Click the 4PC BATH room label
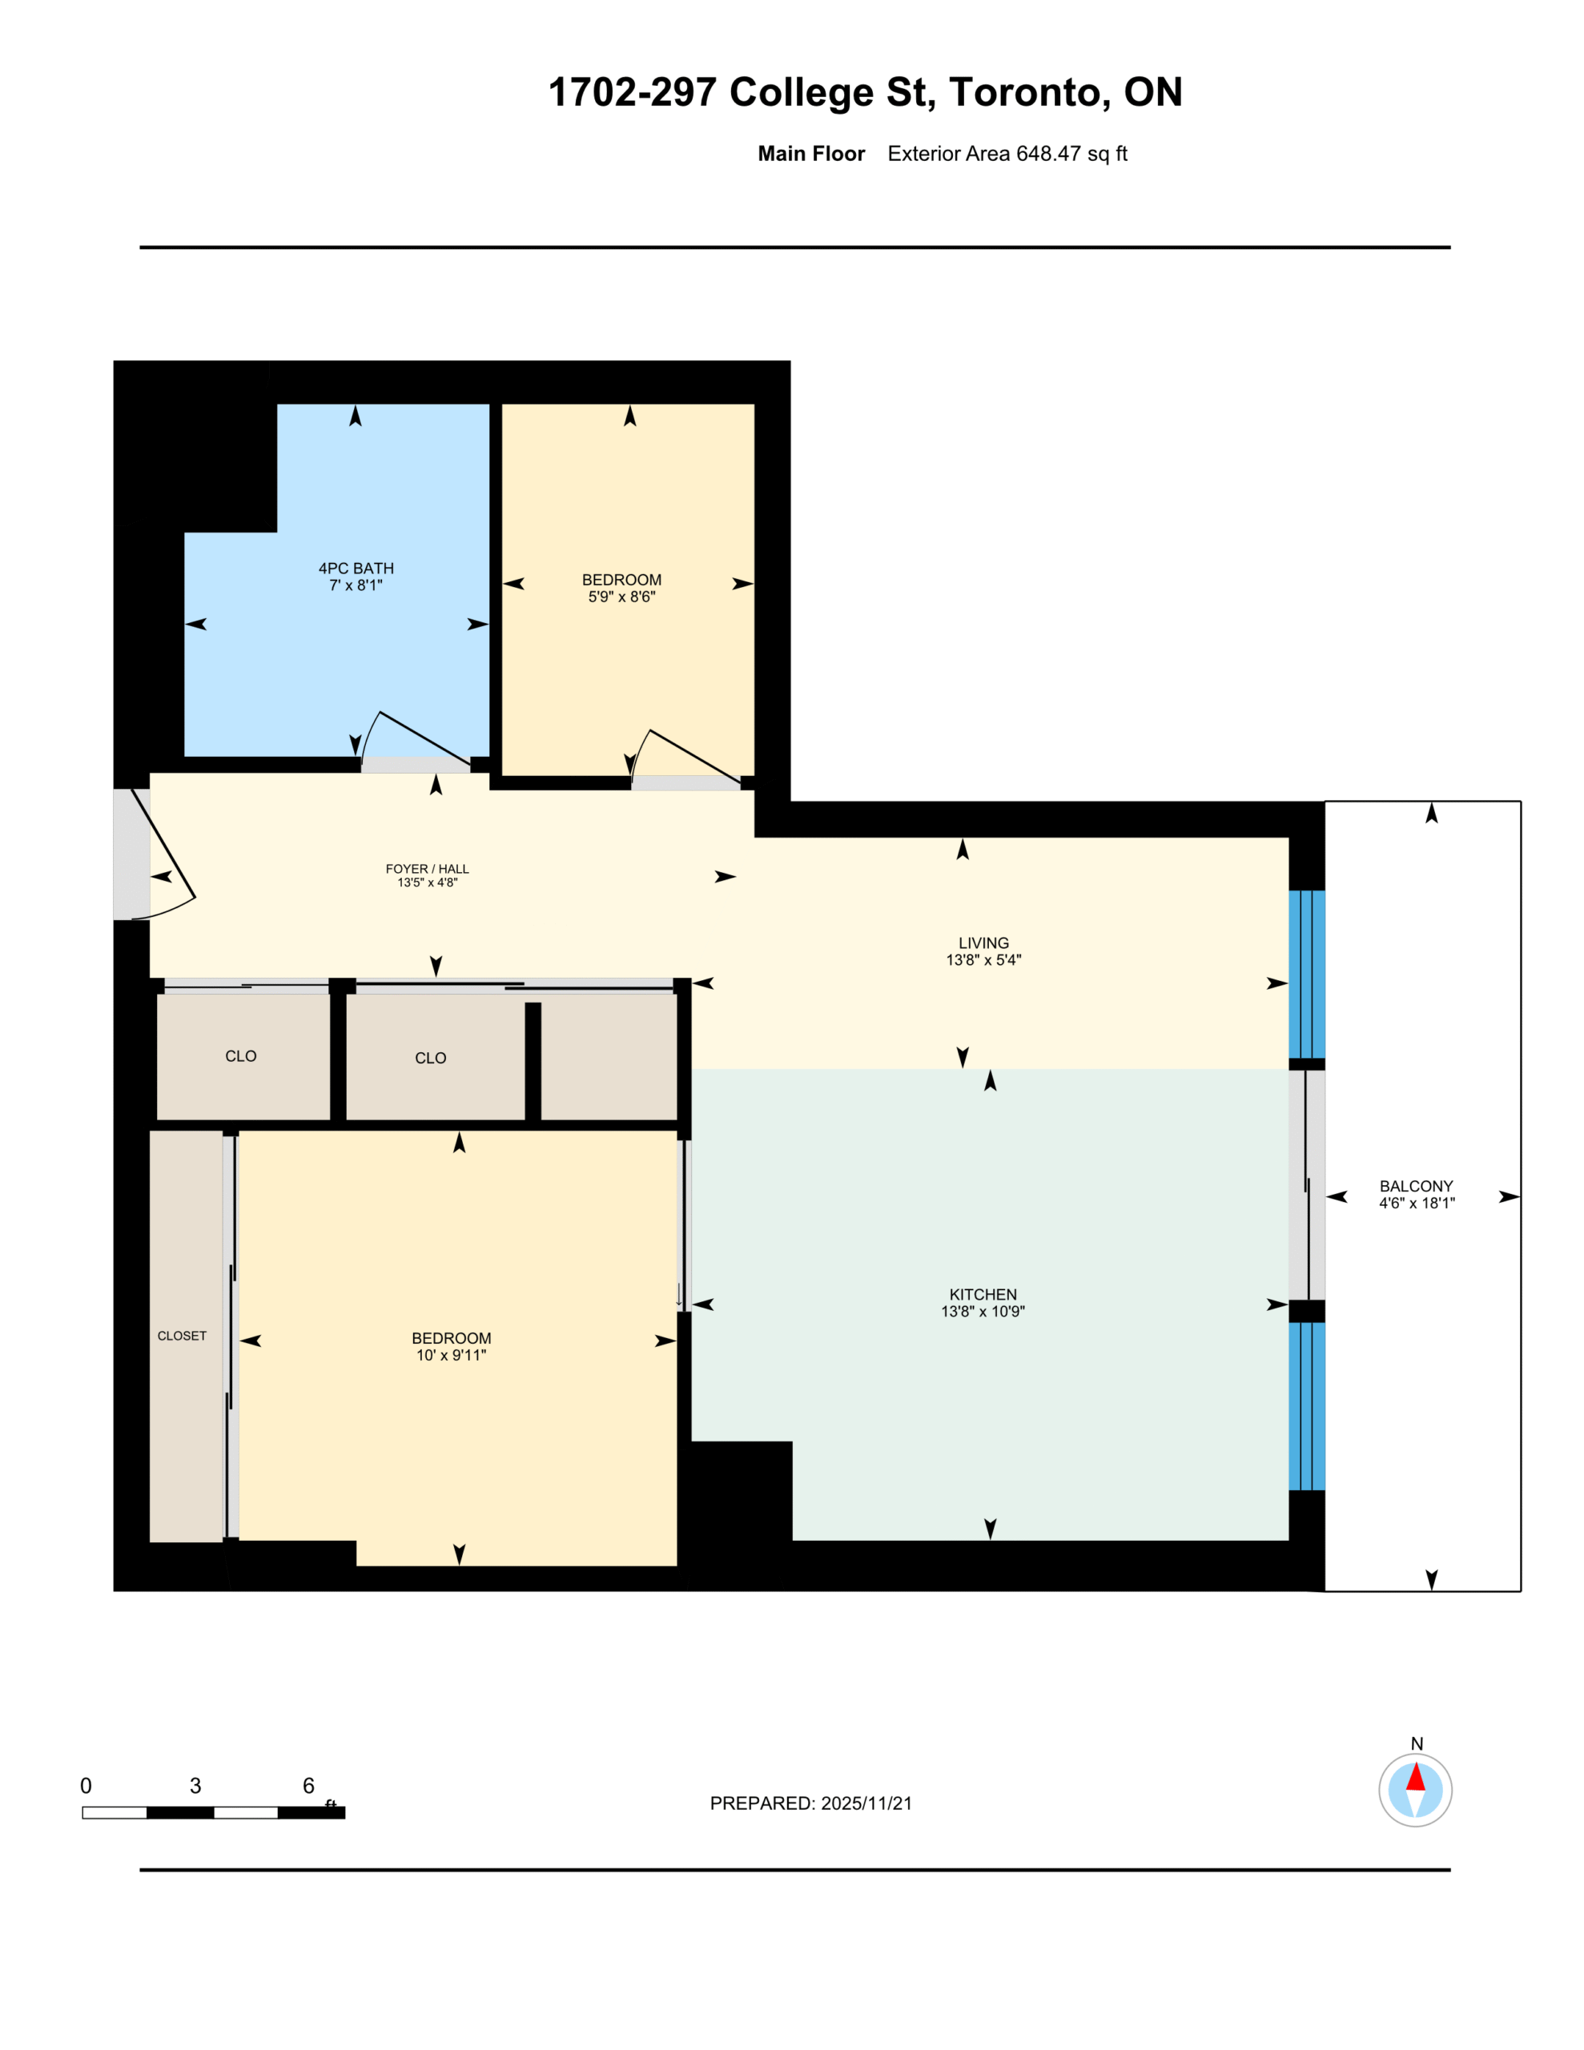coord(356,568)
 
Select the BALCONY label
coord(1416,1187)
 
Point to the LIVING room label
coord(983,943)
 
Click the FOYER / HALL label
coord(427,869)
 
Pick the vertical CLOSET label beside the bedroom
coord(182,1336)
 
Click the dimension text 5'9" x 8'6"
coord(621,597)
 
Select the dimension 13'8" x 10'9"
coord(983,1312)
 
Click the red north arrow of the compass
coord(1415,1777)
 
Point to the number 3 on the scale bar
coord(195,1785)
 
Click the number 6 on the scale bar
coord(308,1785)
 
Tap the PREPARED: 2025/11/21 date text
coord(811,1803)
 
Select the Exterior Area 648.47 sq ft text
coord(1007,154)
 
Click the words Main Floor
coord(811,154)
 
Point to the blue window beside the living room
coord(1306,975)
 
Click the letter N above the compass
coord(1417,1744)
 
